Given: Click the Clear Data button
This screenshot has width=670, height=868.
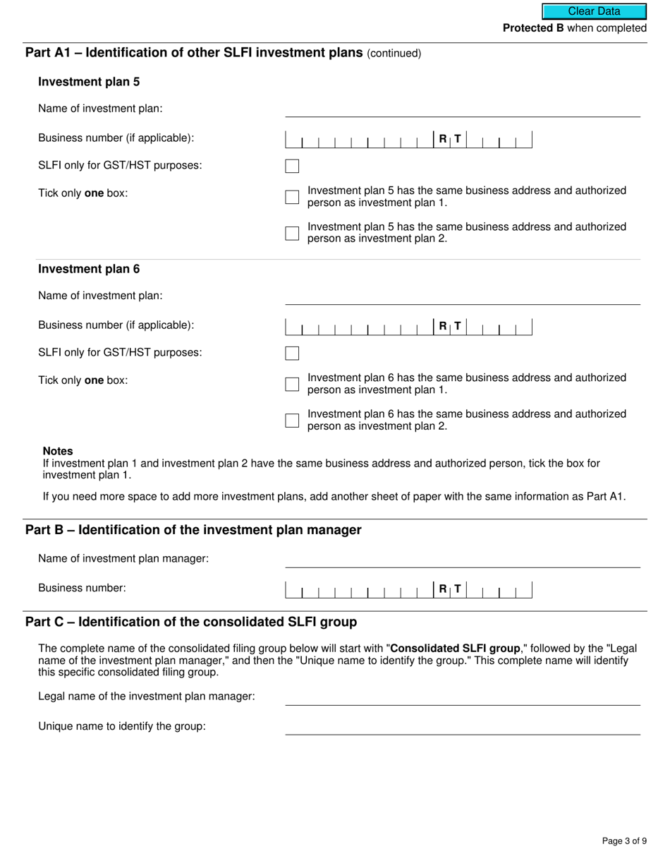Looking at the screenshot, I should click(x=594, y=11).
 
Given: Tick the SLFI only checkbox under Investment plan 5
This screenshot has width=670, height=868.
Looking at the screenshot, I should click(x=292, y=167).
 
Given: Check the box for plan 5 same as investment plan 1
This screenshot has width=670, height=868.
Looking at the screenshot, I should click(x=292, y=197).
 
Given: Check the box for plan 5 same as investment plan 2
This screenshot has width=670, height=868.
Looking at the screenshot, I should click(x=292, y=233).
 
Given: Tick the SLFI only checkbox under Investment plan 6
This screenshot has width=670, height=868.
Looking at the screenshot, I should click(x=292, y=354).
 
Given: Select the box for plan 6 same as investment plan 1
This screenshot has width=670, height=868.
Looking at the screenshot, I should click(x=292, y=384).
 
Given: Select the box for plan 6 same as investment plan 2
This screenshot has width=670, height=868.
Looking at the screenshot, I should click(x=292, y=421).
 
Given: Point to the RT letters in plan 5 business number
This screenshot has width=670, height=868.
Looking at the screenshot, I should click(x=449, y=140).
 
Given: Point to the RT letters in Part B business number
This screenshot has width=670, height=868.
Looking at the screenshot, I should click(x=449, y=589).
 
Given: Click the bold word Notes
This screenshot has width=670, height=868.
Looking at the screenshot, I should click(x=58, y=451).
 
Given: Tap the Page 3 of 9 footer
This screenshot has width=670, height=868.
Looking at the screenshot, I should click(x=624, y=840).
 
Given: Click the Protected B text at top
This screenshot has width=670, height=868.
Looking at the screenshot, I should click(x=532, y=28).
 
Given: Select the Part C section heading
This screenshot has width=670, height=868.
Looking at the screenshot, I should click(x=191, y=622).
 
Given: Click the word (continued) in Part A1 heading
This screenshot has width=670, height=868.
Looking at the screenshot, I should click(x=394, y=54).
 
